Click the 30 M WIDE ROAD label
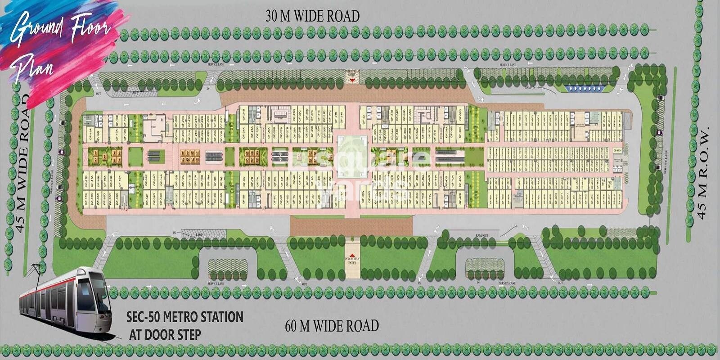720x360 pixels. tap(312, 16)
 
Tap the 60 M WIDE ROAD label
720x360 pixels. tap(332, 325)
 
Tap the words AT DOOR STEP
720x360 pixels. tap(165, 335)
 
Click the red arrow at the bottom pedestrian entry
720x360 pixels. tap(352, 255)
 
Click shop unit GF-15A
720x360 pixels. tap(119, 180)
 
